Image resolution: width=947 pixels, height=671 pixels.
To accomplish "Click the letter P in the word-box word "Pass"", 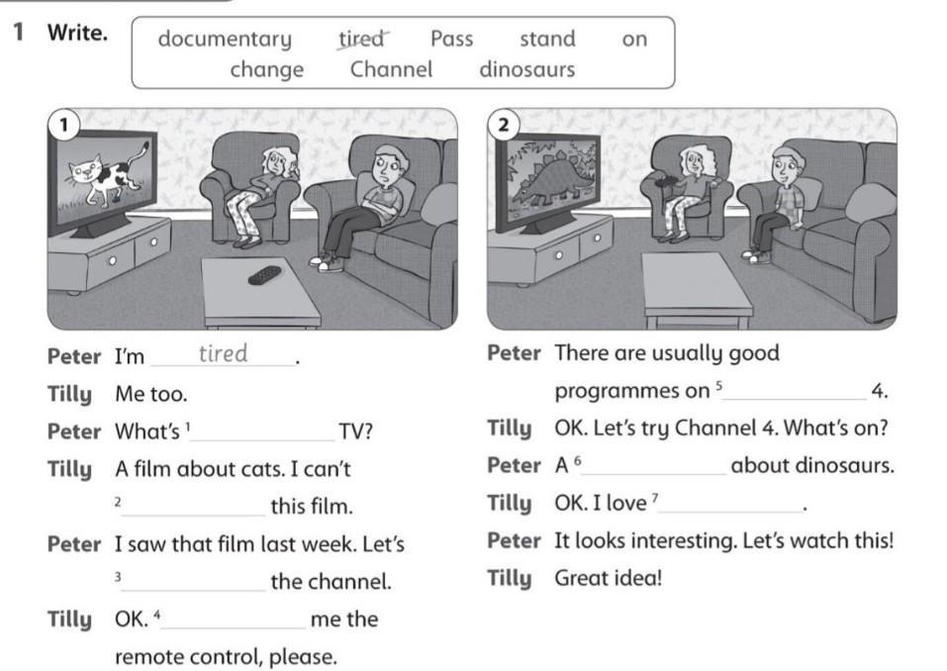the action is pyautogui.click(x=436, y=39).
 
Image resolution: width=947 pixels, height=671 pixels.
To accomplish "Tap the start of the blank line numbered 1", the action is pyautogui.click(x=191, y=440).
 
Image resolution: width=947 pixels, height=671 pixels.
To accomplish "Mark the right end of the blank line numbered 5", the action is pyautogui.click(x=866, y=399).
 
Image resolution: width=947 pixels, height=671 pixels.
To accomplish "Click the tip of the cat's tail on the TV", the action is pyautogui.click(x=146, y=144).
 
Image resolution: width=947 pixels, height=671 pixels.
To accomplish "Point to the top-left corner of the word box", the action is pyautogui.click(x=133, y=18).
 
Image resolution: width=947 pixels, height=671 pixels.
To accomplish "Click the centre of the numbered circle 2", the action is pyautogui.click(x=504, y=125).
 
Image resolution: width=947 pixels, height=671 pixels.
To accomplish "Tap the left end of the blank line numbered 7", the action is pyautogui.click(x=659, y=512).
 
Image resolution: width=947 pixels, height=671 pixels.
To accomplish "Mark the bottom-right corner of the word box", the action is pyautogui.click(x=675, y=88).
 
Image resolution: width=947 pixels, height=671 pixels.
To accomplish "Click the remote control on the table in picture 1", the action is pyautogui.click(x=264, y=275).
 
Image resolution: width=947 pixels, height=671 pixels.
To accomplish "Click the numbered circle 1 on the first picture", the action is pyautogui.click(x=63, y=125).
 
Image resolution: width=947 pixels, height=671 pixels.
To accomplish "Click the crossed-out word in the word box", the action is pyautogui.click(x=362, y=39).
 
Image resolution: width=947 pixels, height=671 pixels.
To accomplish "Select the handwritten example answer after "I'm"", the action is pyautogui.click(x=224, y=353).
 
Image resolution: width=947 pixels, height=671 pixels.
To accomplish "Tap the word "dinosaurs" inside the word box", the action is pyautogui.click(x=527, y=69).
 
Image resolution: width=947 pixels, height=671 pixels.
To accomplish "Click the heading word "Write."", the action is pyautogui.click(x=78, y=33).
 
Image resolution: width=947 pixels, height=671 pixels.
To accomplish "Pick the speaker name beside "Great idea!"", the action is pyautogui.click(x=510, y=579).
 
